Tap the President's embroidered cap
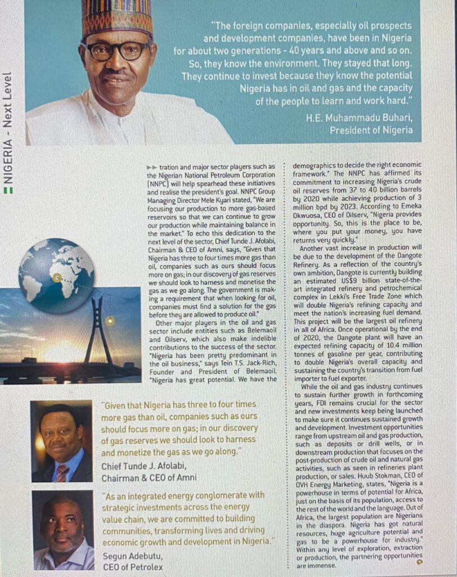pyautogui.click(x=117, y=17)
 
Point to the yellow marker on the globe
pyautogui.click(x=57, y=277)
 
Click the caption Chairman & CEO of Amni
pyautogui.click(x=149, y=478)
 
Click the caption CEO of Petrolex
pyautogui.click(x=132, y=567)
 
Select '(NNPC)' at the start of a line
pyautogui.click(x=156, y=184)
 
